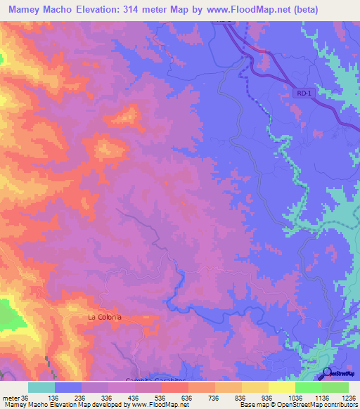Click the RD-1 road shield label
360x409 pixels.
click(302, 92)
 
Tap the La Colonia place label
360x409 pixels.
click(105, 317)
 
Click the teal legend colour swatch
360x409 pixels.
click(41, 387)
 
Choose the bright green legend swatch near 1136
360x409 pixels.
click(309, 387)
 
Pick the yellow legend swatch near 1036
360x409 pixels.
click(282, 387)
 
